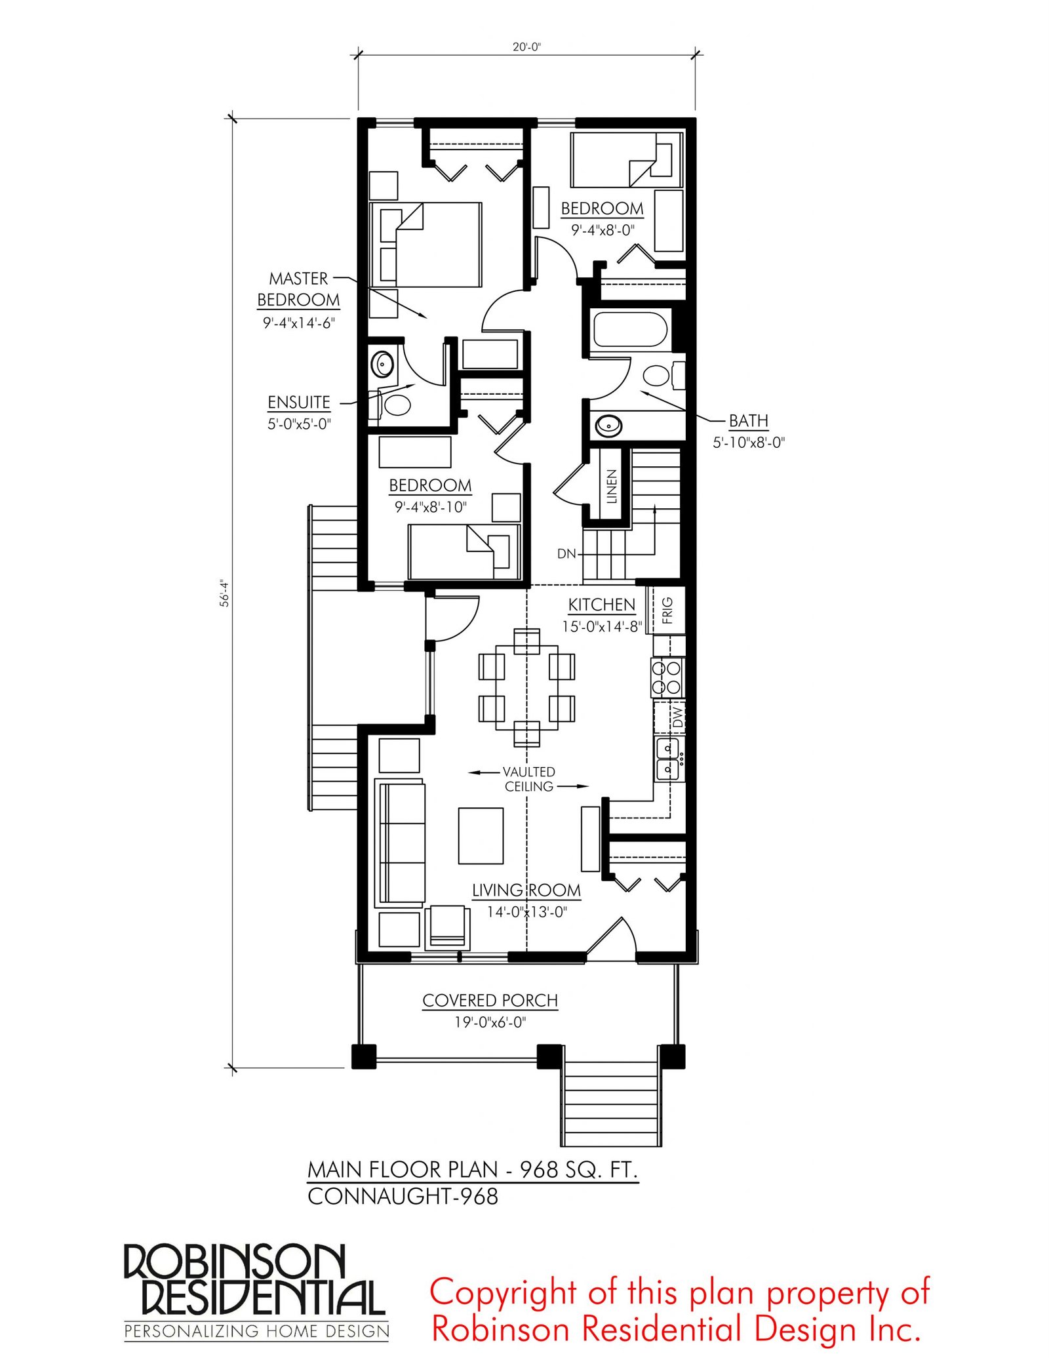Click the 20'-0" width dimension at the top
pyautogui.click(x=526, y=47)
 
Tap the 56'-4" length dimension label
pyautogui.click(x=224, y=593)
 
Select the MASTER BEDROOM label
pyautogui.click(x=298, y=289)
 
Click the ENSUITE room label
pyautogui.click(x=299, y=402)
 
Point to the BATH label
pyautogui.click(x=749, y=420)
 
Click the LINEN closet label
pyautogui.click(x=612, y=486)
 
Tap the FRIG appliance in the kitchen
pyautogui.click(x=667, y=610)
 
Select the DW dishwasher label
pyautogui.click(x=677, y=717)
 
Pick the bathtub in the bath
pyautogui.click(x=630, y=329)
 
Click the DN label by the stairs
pyautogui.click(x=566, y=554)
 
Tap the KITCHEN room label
pyautogui.click(x=602, y=605)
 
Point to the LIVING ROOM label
pyautogui.click(x=526, y=890)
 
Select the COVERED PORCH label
pyautogui.click(x=490, y=1001)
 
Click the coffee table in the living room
pyautogui.click(x=481, y=836)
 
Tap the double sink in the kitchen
pyautogui.click(x=669, y=758)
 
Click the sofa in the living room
pyautogui.click(x=400, y=843)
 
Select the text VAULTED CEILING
pyautogui.click(x=529, y=779)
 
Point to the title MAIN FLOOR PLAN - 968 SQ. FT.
pyautogui.click(x=473, y=1170)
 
